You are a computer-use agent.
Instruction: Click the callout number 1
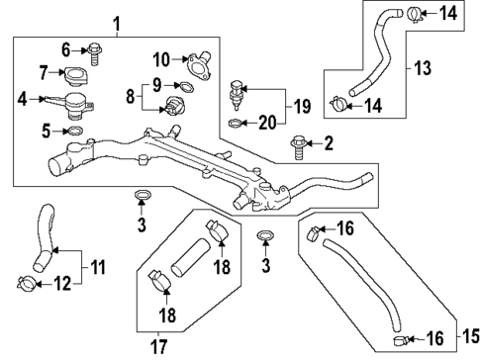tap(118, 21)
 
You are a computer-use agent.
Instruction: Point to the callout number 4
tap(22, 98)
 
